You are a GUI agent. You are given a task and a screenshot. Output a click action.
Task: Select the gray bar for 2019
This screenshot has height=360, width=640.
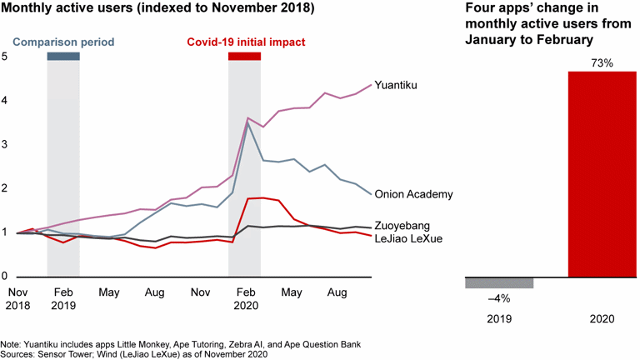tap(498, 282)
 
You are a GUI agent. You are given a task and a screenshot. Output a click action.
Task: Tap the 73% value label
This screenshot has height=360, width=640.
tap(602, 62)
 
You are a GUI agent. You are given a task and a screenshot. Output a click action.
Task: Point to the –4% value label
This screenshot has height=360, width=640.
tap(498, 297)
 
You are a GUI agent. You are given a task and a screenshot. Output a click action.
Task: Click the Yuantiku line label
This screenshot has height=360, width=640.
tap(397, 85)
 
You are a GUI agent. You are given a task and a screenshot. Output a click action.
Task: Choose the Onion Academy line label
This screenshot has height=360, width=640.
tap(414, 194)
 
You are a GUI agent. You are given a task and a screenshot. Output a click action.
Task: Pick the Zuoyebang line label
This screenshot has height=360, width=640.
tap(403, 226)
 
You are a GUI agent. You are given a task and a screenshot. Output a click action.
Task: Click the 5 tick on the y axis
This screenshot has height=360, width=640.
tap(5, 57)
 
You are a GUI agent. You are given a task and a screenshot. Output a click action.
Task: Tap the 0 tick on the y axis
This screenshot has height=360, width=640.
tap(5, 277)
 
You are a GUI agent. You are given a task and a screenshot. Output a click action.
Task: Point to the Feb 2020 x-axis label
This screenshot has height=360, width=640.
tap(245, 299)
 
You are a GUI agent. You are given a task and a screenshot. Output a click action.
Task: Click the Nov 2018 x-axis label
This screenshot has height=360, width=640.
tap(17, 299)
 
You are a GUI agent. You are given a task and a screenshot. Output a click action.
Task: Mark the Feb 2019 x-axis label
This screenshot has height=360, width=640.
tap(63, 299)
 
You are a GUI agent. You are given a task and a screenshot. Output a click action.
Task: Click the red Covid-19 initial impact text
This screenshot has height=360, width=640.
tap(246, 42)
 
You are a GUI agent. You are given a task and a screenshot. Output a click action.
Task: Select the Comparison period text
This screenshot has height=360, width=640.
tap(63, 42)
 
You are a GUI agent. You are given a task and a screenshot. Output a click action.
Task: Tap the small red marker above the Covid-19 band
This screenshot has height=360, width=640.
tap(245, 56)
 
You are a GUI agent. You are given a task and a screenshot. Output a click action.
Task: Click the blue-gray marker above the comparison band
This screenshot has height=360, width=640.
tap(63, 56)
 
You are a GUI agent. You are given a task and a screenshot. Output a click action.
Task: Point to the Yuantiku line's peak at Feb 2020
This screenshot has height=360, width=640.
tap(248, 118)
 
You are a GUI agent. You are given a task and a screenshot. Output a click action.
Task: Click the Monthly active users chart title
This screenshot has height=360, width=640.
tap(157, 11)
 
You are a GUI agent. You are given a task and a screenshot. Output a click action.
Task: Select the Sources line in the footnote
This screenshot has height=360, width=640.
tap(133, 355)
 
